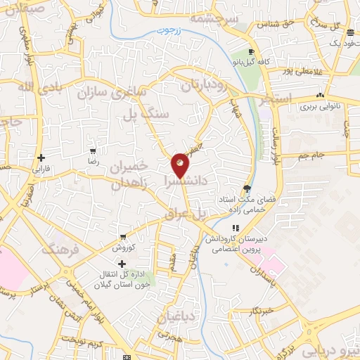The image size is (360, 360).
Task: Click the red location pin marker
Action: pos(180,164)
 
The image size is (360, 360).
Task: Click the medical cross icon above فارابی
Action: pos(41,157)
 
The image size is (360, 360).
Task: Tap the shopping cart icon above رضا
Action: pos(93,150)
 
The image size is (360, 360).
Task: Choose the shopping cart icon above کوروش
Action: pos(124,237)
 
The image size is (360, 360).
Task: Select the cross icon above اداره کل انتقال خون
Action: pos(122,262)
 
